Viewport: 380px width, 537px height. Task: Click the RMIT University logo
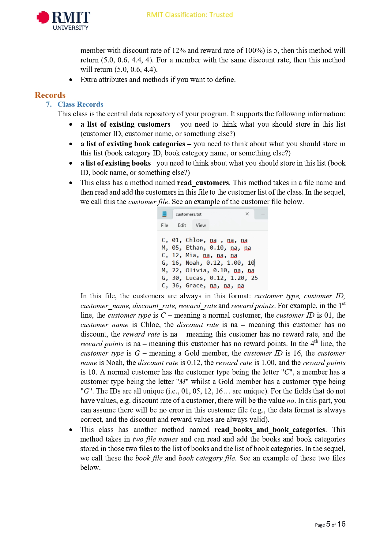coord(63,21)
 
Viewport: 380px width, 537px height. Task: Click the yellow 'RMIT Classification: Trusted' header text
coord(190,15)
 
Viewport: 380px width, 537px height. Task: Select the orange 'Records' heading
coord(50,95)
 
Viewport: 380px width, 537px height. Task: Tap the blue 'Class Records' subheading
coord(80,104)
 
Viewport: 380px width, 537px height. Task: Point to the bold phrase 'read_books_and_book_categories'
coord(269,430)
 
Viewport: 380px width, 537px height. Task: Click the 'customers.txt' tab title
coord(188,214)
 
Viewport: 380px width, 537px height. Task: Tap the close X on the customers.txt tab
coord(247,214)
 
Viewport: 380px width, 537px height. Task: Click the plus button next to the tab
coord(263,214)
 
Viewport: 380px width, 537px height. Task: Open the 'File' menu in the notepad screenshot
coord(164,225)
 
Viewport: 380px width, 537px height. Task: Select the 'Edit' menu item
coord(182,225)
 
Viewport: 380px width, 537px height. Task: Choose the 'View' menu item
coord(201,225)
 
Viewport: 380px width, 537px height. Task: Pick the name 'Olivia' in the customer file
coord(196,270)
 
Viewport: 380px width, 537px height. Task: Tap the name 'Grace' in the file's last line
coord(194,285)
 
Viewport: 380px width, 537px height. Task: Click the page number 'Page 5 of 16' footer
coord(330,524)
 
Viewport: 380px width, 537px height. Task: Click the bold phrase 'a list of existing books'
coord(115,163)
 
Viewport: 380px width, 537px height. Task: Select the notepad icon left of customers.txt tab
coord(164,214)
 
